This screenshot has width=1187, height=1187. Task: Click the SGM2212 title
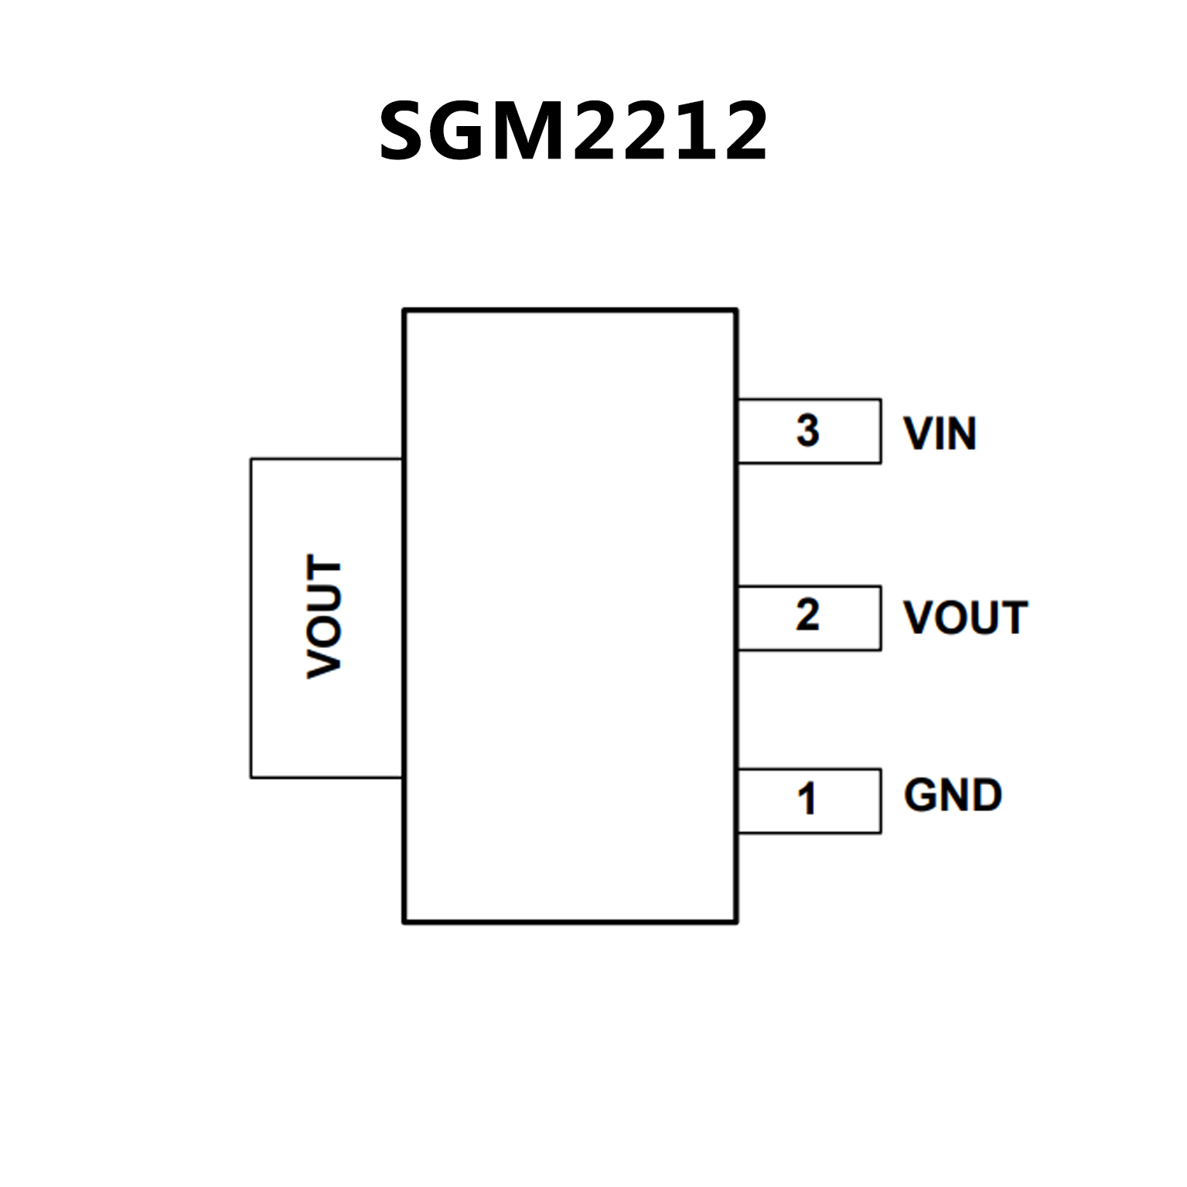[573, 131]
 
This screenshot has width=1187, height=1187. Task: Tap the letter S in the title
[407, 131]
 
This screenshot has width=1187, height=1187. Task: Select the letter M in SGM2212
[533, 131]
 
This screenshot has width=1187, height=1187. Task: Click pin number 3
[807, 431]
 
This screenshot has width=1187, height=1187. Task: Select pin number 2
[807, 616]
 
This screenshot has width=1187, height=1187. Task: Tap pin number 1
[807, 800]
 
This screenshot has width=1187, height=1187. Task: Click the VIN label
[940, 434]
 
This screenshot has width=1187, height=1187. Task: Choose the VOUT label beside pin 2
[965, 618]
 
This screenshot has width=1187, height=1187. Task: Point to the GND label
[953, 796]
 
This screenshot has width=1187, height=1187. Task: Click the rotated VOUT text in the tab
[325, 616]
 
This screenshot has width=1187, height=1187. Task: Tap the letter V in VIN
[919, 434]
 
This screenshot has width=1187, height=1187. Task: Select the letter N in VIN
[962, 434]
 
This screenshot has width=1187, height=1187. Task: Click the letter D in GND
[986, 796]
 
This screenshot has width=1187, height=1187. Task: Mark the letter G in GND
[919, 796]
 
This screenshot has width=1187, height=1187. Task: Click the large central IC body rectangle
[570, 616]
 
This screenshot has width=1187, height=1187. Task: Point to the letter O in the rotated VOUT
[325, 636]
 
